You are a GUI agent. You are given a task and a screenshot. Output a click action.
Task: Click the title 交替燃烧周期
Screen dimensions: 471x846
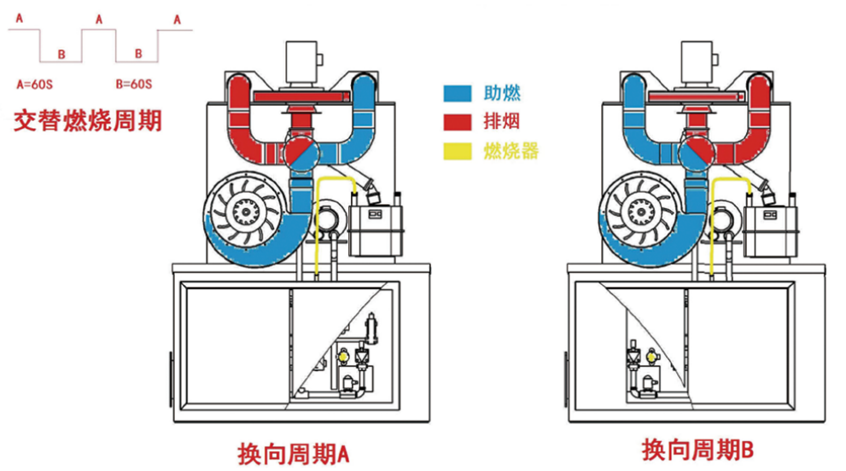coord(87,120)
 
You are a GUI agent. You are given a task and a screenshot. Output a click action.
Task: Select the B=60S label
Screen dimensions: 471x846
coord(134,84)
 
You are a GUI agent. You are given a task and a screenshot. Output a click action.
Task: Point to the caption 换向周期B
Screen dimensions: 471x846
coord(696,449)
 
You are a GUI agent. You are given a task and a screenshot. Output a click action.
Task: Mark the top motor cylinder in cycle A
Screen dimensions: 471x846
coord(300,62)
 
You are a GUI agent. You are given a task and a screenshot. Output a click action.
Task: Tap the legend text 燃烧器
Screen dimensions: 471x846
coord(511,153)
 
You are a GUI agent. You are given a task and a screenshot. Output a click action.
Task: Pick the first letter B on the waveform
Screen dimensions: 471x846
coord(61,55)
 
